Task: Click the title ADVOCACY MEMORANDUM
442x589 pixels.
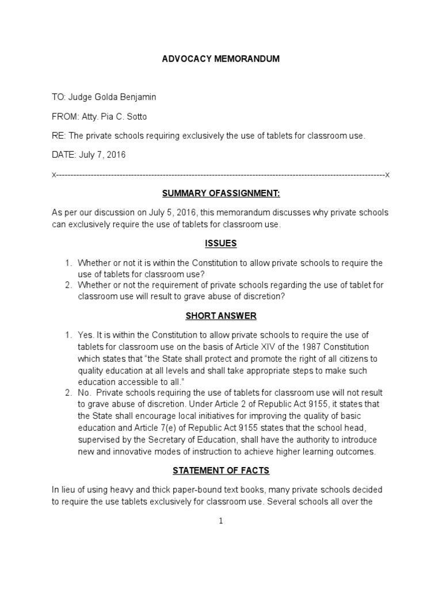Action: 220,59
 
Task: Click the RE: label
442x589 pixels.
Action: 59,136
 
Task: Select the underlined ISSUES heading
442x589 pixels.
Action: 220,243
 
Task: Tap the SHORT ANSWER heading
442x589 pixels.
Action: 220,316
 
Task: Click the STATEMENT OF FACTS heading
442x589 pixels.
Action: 220,471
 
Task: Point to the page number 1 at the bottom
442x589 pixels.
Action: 221,521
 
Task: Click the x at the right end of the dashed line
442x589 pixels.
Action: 387,174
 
